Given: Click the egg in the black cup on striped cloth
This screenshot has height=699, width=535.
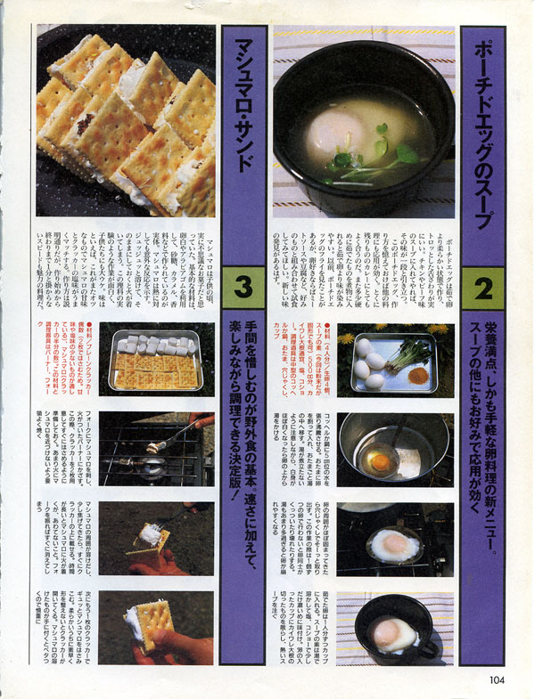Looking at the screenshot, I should point(393,634).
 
